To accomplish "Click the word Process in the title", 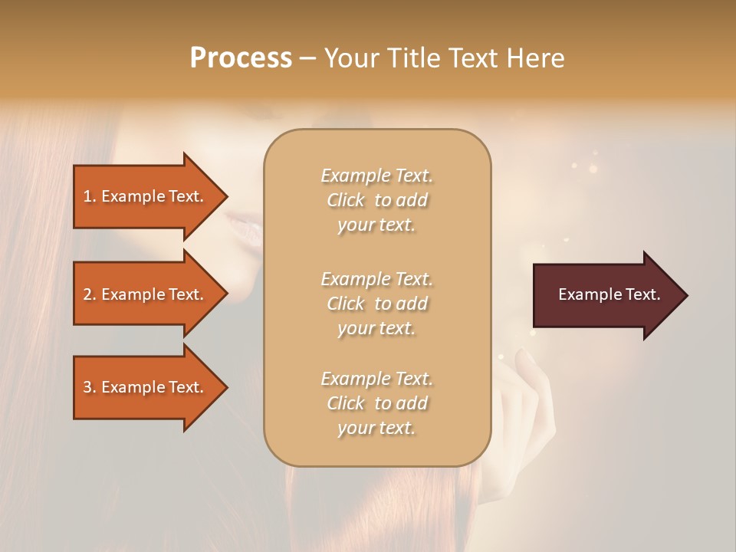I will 241,58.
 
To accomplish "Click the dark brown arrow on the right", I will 606,295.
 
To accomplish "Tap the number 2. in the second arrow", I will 90,294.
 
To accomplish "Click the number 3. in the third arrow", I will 90,387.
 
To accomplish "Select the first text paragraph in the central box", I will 376,200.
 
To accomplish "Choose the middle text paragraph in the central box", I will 376,304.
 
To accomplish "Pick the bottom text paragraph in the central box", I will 376,403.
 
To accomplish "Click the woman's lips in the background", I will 244,225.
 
